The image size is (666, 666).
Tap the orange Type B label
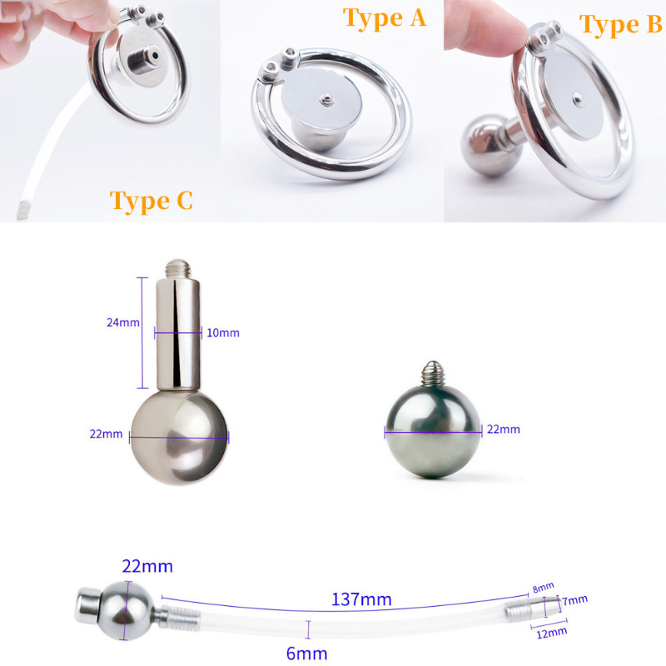click(x=620, y=25)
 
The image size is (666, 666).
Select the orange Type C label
click(x=152, y=201)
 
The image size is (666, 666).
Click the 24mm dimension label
click(x=123, y=322)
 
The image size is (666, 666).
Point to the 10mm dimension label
click(x=223, y=332)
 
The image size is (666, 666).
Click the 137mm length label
click(x=361, y=599)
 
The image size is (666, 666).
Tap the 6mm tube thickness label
click(x=306, y=654)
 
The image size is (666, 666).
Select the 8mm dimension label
click(x=544, y=588)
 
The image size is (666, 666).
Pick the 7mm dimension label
click(x=575, y=600)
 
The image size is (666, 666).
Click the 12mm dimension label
click(x=551, y=634)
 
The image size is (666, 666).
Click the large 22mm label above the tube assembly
click(x=147, y=567)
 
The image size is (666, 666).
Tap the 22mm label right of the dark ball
click(x=504, y=429)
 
